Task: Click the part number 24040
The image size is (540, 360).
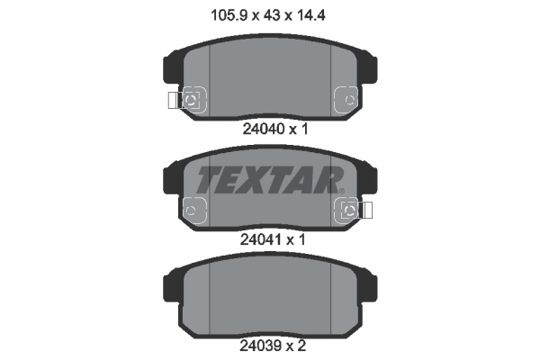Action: point(263,129)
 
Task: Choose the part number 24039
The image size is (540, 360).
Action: point(263,345)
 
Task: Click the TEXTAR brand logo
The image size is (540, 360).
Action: point(269,181)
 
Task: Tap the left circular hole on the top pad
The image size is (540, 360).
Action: point(192,99)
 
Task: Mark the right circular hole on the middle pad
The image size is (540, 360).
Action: point(349,211)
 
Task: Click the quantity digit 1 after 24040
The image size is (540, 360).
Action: point(305,129)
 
